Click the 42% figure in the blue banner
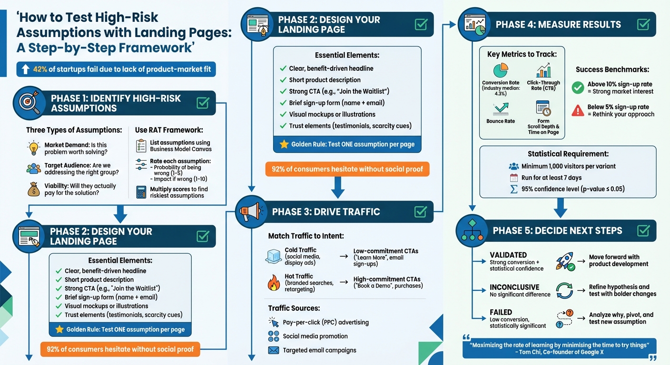pyautogui.click(x=40, y=69)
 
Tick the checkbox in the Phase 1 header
pyautogui.click(x=203, y=103)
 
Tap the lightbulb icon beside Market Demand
pyautogui.click(x=33, y=148)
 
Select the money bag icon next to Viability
pyautogui.click(x=33, y=189)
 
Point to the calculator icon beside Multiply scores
pyautogui.click(x=141, y=192)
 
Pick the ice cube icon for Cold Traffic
pyautogui.click(x=274, y=256)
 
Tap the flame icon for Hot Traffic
pyautogui.click(x=274, y=283)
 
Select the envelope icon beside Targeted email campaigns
pyautogui.click(x=273, y=350)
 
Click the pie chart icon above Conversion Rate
pyautogui.click(x=501, y=71)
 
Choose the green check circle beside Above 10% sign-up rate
pyautogui.click(x=578, y=87)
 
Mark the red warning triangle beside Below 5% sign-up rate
pyautogui.click(x=578, y=110)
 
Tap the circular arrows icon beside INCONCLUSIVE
pyautogui.click(x=564, y=290)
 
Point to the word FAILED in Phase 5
pyautogui.click(x=501, y=312)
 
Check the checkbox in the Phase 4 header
pyautogui.click(x=643, y=24)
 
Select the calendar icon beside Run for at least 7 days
pyautogui.click(x=513, y=178)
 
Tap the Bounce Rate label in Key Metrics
pyautogui.click(x=501, y=121)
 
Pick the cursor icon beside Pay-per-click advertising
pyautogui.click(x=273, y=322)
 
